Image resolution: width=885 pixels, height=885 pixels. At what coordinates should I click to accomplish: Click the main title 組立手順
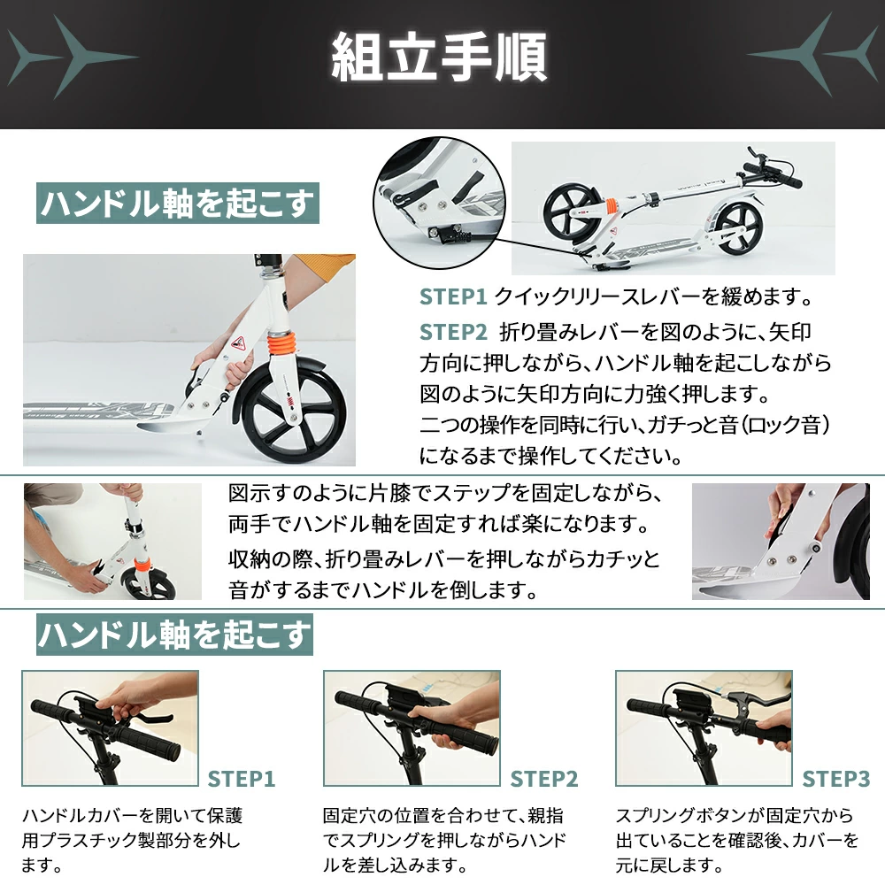click(x=439, y=57)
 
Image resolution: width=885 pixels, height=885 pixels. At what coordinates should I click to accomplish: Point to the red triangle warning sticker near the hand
click(x=238, y=342)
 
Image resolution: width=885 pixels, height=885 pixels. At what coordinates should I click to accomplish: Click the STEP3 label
click(x=836, y=779)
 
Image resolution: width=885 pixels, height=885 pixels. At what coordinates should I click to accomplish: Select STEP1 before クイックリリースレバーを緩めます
click(x=453, y=296)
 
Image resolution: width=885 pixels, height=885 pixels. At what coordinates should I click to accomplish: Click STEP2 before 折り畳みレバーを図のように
click(x=453, y=333)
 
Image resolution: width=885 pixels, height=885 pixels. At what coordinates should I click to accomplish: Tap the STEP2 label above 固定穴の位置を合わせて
click(x=544, y=779)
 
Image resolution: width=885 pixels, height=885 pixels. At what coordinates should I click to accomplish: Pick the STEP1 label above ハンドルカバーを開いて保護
click(x=242, y=779)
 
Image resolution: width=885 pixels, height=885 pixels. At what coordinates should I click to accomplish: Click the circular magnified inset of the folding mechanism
click(x=440, y=204)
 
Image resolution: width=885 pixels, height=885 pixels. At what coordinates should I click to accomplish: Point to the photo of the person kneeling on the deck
click(x=112, y=542)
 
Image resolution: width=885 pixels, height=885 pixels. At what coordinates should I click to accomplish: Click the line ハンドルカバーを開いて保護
click(x=133, y=815)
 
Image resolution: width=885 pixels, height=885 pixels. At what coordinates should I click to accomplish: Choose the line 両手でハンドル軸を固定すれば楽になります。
click(x=440, y=524)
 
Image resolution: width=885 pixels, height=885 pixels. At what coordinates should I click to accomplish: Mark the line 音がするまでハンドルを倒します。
click(x=383, y=590)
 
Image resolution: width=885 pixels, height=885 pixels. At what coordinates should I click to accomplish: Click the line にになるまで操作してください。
click(x=550, y=456)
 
